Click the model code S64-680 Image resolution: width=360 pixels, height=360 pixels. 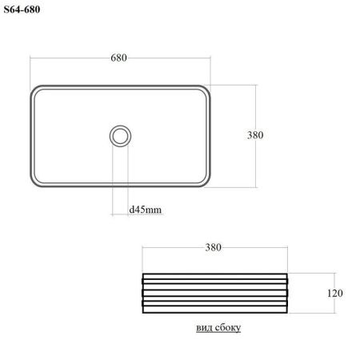pyautogui.click(x=22, y=10)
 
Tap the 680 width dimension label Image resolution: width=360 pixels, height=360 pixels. pyautogui.click(x=118, y=58)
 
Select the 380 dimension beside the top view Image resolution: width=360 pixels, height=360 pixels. pyautogui.click(x=255, y=135)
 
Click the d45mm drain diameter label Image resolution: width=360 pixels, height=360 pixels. pyautogui.click(x=146, y=210)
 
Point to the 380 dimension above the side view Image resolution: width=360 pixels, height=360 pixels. pyautogui.click(x=214, y=247)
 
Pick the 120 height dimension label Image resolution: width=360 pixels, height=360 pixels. pyautogui.click(x=335, y=293)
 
